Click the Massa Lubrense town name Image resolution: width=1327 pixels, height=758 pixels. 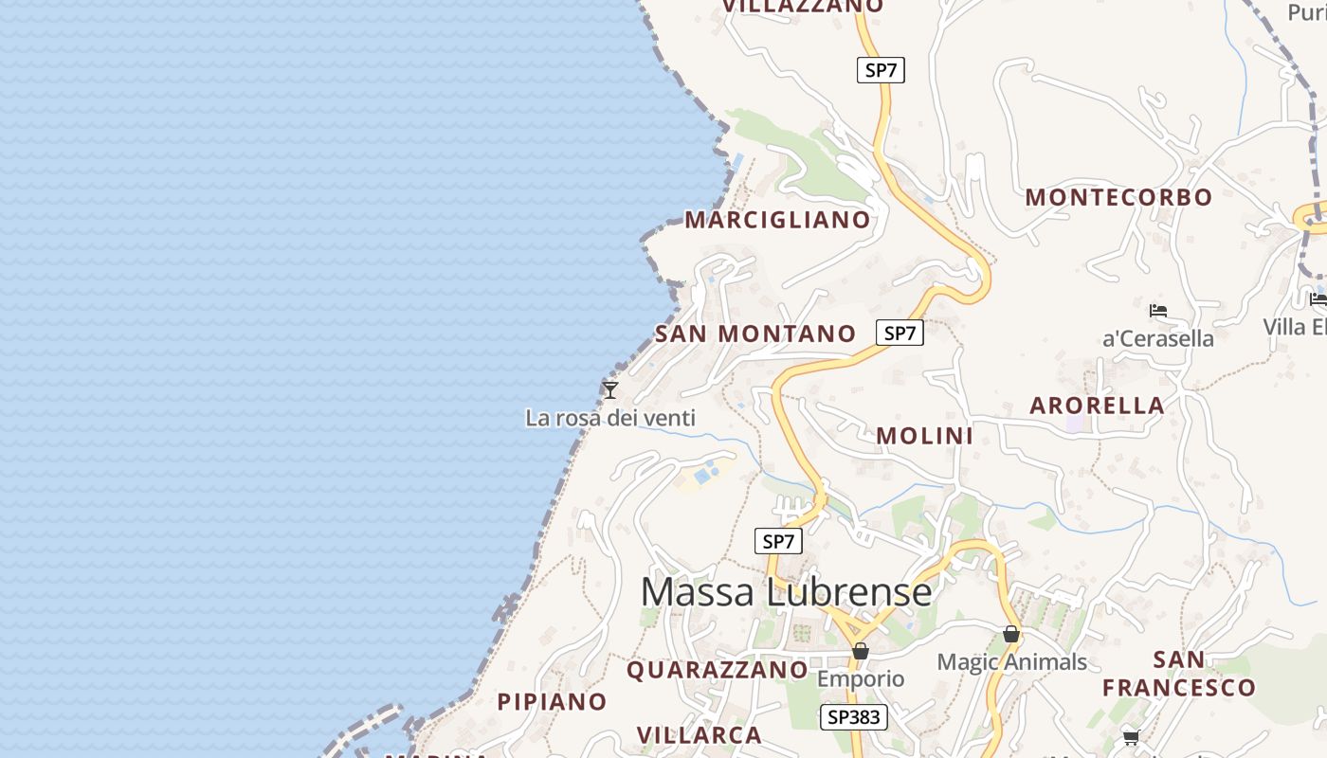[786, 592]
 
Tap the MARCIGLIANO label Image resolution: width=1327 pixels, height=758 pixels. [777, 220]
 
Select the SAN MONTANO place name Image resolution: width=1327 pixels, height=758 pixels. [755, 334]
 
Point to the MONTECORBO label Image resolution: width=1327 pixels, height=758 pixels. [1118, 197]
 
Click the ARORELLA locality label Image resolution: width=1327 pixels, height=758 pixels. [1097, 406]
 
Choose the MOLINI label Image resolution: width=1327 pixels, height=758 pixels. [924, 436]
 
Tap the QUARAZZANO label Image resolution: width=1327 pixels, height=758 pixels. [717, 670]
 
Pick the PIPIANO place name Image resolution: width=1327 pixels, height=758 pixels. [552, 702]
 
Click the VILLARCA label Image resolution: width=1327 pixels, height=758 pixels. [699, 735]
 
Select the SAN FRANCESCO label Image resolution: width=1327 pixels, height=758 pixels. [1179, 674]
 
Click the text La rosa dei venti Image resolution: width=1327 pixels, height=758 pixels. [610, 418]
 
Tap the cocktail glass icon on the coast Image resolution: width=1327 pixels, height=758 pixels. [611, 389]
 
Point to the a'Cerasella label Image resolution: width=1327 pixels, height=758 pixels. [1157, 338]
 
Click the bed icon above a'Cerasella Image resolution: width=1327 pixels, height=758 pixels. [1157, 310]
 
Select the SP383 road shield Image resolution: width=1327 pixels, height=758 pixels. [854, 717]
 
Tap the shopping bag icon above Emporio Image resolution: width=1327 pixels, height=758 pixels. [861, 651]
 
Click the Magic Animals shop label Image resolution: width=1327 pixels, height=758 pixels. [1011, 662]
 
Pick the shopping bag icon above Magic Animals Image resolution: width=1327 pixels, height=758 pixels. [1011, 634]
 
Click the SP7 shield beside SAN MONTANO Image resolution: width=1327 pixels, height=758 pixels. [900, 333]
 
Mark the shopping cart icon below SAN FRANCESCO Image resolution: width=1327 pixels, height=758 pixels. [1130, 736]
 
